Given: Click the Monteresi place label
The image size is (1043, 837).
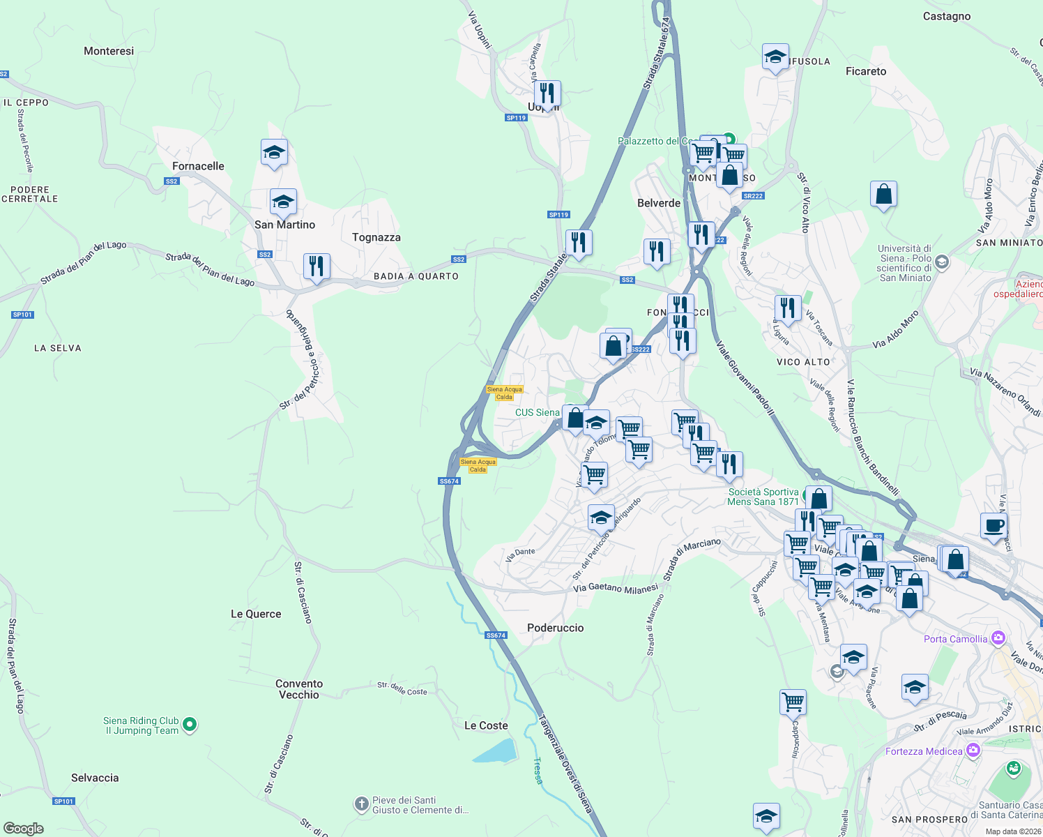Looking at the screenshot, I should [109, 51].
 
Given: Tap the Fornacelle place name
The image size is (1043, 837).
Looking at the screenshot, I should [198, 166].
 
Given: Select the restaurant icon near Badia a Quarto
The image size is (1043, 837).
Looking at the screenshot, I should [317, 266].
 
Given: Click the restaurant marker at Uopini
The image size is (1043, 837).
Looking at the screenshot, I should [547, 93].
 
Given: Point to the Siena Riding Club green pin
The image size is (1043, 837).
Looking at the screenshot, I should [190, 725].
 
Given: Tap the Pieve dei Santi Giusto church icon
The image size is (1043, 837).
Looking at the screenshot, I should [361, 805].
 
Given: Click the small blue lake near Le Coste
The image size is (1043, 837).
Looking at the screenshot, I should [495, 751].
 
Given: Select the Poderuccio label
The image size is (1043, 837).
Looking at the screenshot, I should [555, 628].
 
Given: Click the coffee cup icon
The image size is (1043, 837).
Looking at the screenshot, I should [993, 525].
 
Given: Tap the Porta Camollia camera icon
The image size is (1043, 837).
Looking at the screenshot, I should [998, 638].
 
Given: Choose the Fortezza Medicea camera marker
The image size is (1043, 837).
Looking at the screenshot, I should [973, 751].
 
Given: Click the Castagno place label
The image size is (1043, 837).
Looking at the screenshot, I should [946, 16].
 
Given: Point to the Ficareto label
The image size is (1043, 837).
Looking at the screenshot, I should [866, 71].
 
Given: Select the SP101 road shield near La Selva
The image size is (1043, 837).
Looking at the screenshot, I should [22, 315].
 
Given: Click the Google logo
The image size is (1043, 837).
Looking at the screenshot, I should [24, 829].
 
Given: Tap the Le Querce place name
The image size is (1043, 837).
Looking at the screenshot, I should [256, 614].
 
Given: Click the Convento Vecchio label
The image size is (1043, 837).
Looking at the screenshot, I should [298, 689].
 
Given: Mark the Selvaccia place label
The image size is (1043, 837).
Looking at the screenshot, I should [95, 778].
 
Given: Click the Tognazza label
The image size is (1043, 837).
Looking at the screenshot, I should [376, 237].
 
